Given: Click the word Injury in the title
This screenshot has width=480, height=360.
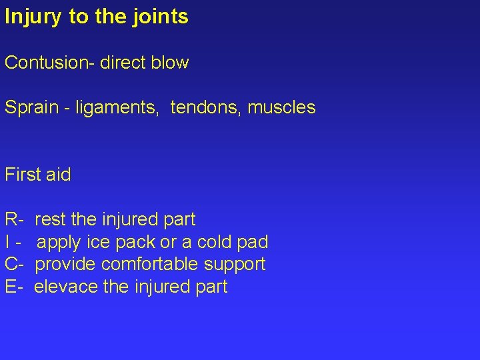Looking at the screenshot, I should (34, 17).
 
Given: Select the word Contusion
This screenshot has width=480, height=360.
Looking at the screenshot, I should (48, 63).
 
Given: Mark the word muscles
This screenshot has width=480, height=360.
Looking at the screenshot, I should (281, 107).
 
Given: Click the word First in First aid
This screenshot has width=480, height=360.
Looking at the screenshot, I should (21, 175).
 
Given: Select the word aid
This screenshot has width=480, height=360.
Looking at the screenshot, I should (57, 175).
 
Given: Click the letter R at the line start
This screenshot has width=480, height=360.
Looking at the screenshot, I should (11, 219).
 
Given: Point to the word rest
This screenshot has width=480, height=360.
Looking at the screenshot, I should (50, 219).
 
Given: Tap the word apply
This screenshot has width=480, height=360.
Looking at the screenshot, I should (58, 242).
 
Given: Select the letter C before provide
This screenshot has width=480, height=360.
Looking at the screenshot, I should (11, 265).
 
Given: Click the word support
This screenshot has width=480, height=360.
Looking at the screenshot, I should (235, 265).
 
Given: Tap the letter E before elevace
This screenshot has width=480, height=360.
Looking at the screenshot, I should (11, 287).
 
